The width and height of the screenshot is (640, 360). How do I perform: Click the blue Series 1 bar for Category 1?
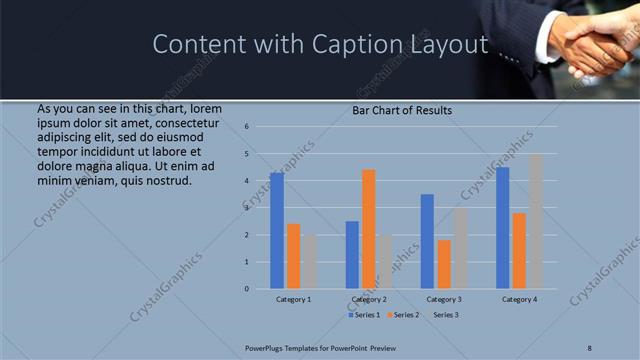tap(277, 231)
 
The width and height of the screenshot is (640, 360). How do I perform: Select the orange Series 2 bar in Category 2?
tap(369, 229)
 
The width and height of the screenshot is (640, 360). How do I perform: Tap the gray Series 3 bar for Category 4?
tap(536, 221)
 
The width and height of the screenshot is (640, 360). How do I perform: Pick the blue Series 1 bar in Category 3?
tap(427, 241)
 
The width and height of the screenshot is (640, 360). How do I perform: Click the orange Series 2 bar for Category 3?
tap(444, 264)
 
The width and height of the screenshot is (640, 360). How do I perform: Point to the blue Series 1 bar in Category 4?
tap(502, 228)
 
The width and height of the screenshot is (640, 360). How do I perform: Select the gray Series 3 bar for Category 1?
tap(310, 262)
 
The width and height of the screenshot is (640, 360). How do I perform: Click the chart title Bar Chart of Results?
tap(402, 110)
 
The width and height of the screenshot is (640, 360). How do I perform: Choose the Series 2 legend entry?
tap(403, 315)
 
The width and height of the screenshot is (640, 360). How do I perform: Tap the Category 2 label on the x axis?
tap(369, 299)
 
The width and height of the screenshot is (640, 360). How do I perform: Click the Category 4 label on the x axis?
tap(519, 299)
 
